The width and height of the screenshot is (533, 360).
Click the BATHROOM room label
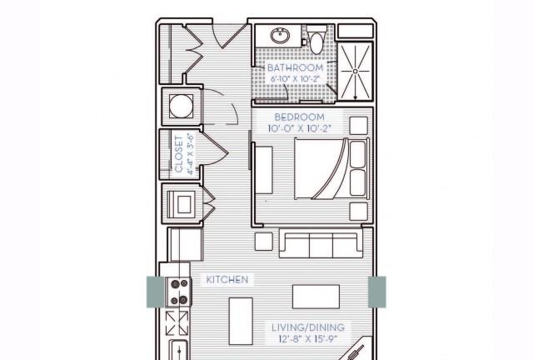[295, 67]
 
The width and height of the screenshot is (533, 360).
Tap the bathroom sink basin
[281, 35]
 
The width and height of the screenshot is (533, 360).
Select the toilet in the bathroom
[316, 40]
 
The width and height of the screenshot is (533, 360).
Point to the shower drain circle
[356, 71]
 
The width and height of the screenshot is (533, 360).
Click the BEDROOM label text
[300, 117]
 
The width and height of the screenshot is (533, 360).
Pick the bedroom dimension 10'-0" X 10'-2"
[300, 128]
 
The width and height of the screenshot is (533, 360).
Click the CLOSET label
[179, 154]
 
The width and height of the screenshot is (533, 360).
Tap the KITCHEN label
[227, 280]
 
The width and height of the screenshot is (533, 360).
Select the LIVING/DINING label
[308, 327]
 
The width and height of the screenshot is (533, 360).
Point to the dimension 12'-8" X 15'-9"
[308, 339]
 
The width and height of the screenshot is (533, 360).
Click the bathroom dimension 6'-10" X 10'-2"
[295, 78]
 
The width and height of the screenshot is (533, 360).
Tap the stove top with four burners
[179, 292]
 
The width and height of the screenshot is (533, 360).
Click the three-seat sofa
[321, 243]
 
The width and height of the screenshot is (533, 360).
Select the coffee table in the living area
[316, 297]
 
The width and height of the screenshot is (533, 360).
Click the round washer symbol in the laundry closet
[181, 106]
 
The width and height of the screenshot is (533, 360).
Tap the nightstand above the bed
[359, 126]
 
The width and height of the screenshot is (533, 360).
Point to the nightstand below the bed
[359, 212]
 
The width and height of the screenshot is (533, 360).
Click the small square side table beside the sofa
[264, 242]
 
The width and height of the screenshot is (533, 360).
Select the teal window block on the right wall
[377, 292]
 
